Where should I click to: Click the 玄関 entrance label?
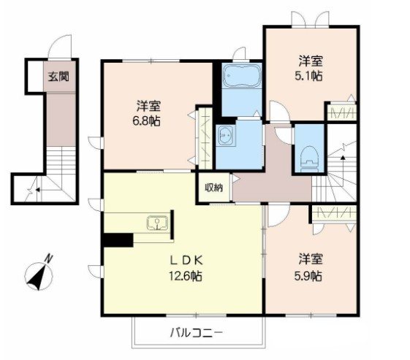(59, 76)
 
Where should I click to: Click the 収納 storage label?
(213, 187)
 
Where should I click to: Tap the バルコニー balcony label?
(197, 333)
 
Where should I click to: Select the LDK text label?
(183, 261)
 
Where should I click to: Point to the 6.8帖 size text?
(146, 121)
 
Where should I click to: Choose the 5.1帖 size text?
(311, 76)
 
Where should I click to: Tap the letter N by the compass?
(49, 258)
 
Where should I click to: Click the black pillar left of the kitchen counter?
(118, 239)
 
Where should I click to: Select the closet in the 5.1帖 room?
(341, 112)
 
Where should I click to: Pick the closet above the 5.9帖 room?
(333, 212)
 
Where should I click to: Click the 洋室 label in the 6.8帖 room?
(146, 104)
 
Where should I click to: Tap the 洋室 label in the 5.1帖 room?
(311, 61)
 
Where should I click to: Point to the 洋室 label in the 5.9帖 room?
(310, 258)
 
